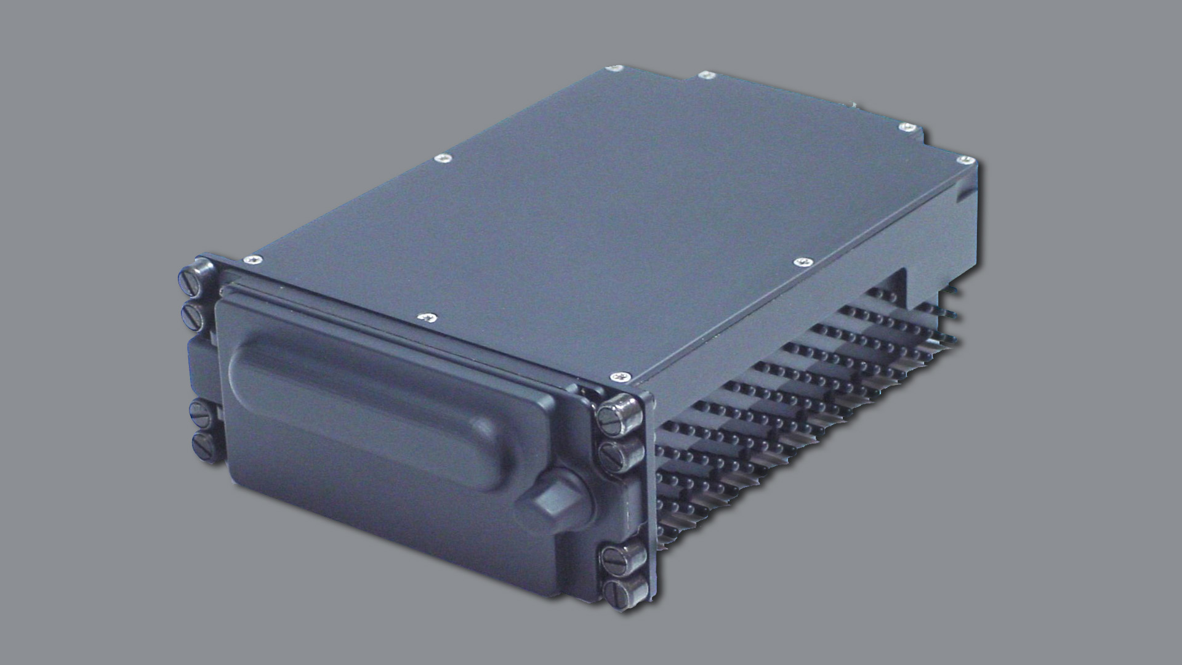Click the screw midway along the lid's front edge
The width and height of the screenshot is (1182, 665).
pyautogui.click(x=427, y=317)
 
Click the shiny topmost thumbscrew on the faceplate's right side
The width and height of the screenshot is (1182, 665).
pyautogui.click(x=617, y=412)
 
